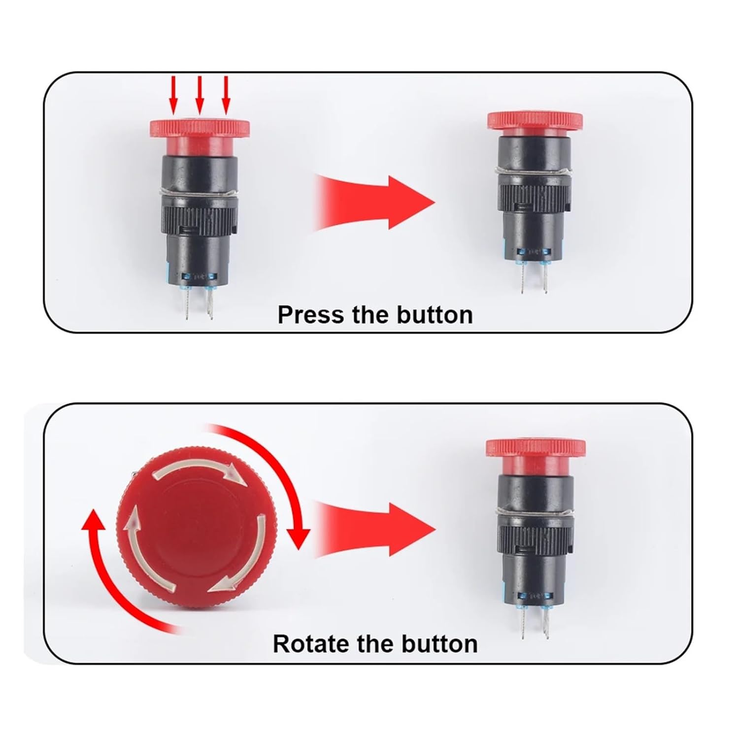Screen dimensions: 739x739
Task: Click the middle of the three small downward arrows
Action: click(200, 95)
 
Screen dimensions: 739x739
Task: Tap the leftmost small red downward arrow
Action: click(173, 95)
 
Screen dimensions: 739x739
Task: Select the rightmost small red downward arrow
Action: click(226, 95)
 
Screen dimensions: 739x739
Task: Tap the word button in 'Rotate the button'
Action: click(439, 643)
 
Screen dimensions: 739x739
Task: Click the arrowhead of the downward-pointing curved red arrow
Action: click(298, 538)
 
